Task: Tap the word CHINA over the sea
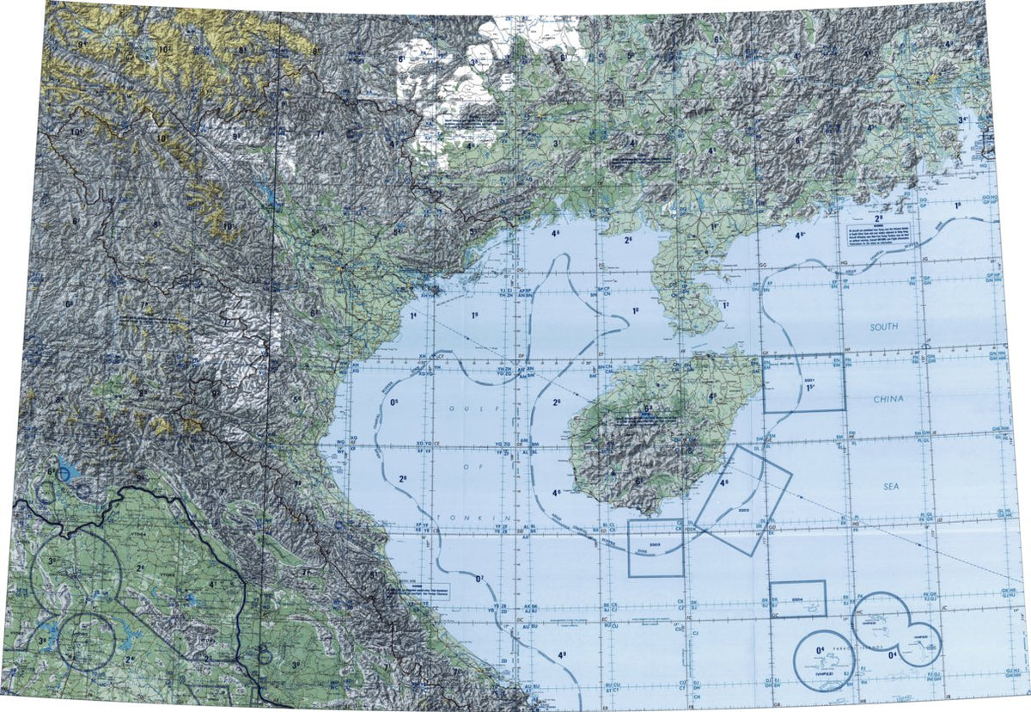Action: [885, 399]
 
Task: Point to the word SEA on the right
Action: [889, 486]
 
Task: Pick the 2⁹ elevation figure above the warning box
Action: [878, 197]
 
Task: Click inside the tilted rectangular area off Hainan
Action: [742, 500]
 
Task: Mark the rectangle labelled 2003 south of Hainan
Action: [656, 548]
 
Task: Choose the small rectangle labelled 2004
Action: [797, 598]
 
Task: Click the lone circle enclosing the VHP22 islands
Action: [825, 662]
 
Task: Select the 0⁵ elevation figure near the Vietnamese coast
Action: [396, 402]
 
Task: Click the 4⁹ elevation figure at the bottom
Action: [562, 655]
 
